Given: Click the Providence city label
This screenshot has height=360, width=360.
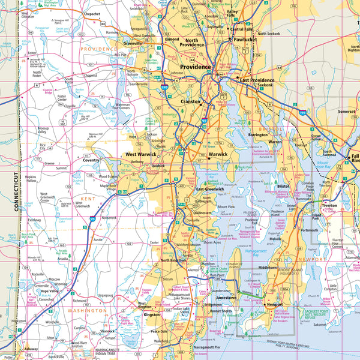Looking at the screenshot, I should (193, 67).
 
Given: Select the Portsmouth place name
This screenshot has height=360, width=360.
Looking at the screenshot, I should (310, 230).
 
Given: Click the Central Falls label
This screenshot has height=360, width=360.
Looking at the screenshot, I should (242, 29).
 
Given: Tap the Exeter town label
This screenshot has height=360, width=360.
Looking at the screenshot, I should (155, 243).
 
